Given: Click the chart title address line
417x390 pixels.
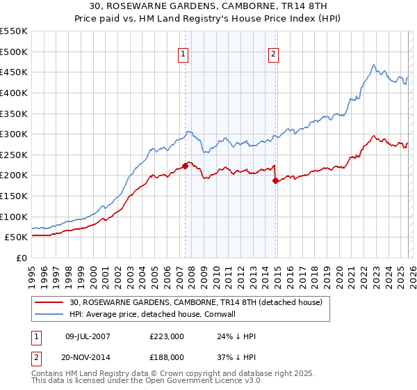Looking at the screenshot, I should click(x=208, y=6).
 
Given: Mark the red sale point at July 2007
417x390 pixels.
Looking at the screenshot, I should click(x=185, y=166).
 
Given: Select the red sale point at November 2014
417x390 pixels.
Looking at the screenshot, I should click(x=275, y=180).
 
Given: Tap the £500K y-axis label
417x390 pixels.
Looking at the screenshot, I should click(x=14, y=52).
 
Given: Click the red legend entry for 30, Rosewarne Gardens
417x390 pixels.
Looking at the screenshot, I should click(x=195, y=303).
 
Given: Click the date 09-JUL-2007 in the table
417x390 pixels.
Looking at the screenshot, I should click(x=87, y=336).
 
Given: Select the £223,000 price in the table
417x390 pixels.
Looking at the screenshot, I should click(x=166, y=336).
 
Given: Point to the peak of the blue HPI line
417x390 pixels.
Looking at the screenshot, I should click(x=374, y=65).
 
